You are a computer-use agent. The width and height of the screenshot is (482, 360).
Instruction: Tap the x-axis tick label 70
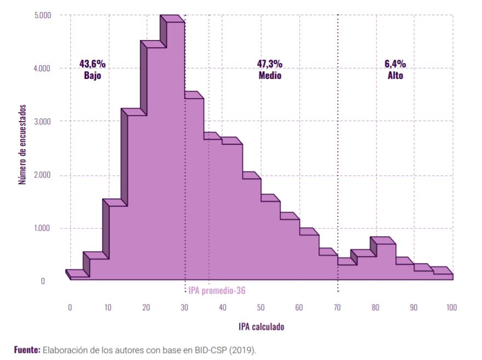point(337,307)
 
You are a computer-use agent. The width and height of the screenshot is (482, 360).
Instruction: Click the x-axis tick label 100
point(451,307)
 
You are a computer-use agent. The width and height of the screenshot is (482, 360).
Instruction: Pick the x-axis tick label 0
point(70,307)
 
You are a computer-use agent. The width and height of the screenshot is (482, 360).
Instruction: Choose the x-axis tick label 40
point(223,307)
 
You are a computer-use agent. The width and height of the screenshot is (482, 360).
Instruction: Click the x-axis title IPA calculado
point(261,327)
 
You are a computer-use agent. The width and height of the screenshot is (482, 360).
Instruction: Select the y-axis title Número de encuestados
point(22,145)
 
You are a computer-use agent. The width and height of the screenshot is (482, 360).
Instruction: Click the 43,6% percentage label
point(92,64)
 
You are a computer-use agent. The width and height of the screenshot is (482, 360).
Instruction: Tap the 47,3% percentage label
point(270,64)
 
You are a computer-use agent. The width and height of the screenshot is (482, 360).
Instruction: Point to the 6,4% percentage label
point(395,64)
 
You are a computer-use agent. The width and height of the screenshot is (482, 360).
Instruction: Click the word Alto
point(395,76)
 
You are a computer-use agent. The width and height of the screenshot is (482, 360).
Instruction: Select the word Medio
point(270,76)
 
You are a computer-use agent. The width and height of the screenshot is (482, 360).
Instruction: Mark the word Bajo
point(92,76)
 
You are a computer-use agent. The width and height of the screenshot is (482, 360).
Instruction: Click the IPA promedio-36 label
point(217,290)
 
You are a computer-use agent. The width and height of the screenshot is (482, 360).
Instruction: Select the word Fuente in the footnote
point(27,349)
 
